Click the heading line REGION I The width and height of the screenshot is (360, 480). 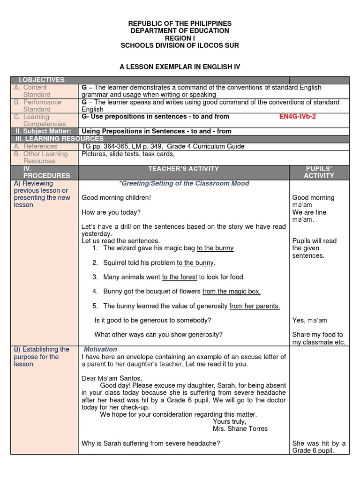point(180,38)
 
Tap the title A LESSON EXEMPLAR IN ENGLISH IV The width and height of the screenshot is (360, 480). point(180,67)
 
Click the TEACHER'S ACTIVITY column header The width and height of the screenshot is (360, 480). point(184,169)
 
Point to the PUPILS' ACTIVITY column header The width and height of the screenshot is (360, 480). point(319,172)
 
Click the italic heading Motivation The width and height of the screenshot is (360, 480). point(100,350)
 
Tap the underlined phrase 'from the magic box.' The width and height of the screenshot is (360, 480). point(231,292)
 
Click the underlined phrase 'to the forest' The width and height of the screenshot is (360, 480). point(180,277)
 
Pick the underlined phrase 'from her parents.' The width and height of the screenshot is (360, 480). point(255,306)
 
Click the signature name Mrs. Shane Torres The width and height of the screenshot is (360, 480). point(240,428)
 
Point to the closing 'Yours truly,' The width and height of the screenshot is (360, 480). point(229,421)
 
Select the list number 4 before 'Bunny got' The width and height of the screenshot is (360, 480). point(95,292)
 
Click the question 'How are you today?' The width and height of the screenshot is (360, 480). point(111,212)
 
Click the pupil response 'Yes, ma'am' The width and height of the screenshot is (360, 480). point(309,321)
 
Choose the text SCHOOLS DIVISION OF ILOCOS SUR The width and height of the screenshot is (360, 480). point(180,45)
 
